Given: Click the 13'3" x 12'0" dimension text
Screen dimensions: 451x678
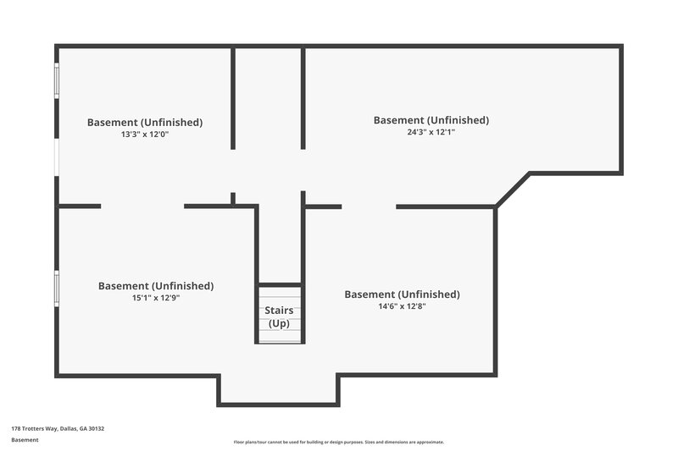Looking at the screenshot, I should click(x=145, y=134).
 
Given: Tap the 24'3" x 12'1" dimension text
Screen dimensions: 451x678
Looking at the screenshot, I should click(x=431, y=131).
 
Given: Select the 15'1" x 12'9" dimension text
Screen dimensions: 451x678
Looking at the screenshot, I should click(x=156, y=297).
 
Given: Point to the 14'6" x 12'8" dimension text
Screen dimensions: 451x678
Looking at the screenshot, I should click(x=402, y=306).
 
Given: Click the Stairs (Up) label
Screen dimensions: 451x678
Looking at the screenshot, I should click(x=280, y=317).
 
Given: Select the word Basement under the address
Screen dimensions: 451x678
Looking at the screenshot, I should click(x=25, y=440).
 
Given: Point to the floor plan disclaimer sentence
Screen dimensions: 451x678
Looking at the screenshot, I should click(x=339, y=442).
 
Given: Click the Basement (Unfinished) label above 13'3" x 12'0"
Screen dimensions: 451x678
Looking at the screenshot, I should click(x=145, y=122).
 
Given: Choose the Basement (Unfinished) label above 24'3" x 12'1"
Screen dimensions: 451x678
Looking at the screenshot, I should click(x=431, y=120).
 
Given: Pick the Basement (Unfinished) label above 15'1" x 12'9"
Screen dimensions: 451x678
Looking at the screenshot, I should click(x=156, y=286).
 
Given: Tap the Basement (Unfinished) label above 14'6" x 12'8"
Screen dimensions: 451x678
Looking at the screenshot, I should click(x=402, y=294).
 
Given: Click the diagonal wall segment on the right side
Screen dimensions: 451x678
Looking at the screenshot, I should click(x=512, y=190).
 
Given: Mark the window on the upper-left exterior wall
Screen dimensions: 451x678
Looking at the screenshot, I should click(x=57, y=81).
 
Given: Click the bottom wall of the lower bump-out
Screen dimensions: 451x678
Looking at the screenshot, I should click(x=278, y=404).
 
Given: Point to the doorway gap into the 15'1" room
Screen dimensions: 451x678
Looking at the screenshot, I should click(x=142, y=206).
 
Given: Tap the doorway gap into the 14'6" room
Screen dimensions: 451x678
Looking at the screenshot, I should click(x=369, y=206).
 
